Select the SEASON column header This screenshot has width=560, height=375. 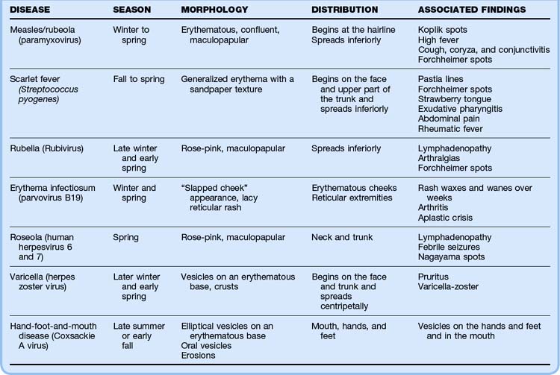(x=132, y=10)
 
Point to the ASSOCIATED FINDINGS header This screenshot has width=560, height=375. (x=471, y=10)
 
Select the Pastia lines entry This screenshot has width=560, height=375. (x=441, y=79)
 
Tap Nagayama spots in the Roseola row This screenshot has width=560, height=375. (x=451, y=257)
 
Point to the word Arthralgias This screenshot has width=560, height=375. (x=441, y=158)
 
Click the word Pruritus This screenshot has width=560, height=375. (x=435, y=277)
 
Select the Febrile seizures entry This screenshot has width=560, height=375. (x=451, y=248)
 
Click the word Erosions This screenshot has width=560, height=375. (x=199, y=356)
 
